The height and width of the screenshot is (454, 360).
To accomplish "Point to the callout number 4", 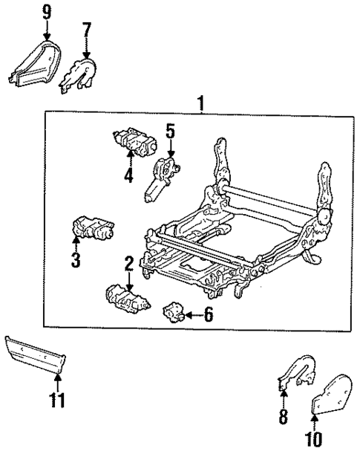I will coord(129,176).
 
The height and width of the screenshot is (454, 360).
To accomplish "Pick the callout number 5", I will coord(170,132).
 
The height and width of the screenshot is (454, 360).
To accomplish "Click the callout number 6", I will coord(209,316).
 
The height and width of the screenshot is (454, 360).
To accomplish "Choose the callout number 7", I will coord(87,30).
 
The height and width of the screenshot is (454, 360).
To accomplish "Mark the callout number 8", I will coord(283,417).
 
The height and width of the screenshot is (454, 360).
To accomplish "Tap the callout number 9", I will coord(47,12).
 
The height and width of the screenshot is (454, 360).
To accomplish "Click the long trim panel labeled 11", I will coord(36,354).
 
